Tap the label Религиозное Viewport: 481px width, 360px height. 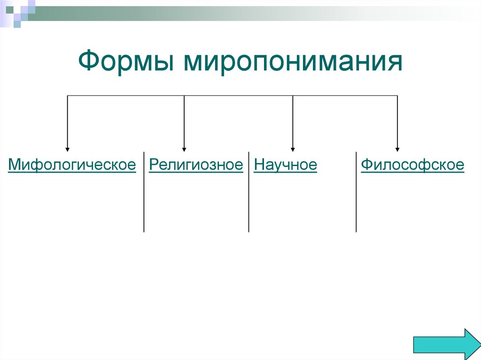[x=196, y=165]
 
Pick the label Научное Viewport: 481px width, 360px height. [x=285, y=165]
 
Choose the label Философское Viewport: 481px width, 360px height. [x=412, y=165]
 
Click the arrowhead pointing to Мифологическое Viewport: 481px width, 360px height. [x=68, y=148]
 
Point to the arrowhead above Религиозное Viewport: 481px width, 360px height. [x=184, y=148]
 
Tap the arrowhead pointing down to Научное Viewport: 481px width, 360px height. [x=293, y=148]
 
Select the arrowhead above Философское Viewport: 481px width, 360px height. [x=397, y=148]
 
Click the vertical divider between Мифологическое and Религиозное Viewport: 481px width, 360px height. [x=144, y=192]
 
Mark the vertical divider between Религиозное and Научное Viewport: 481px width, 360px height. [x=248, y=192]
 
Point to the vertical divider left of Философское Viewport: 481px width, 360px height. [x=356, y=192]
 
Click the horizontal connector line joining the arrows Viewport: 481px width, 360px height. [x=235, y=96]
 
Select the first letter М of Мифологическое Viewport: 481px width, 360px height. [x=13, y=165]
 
